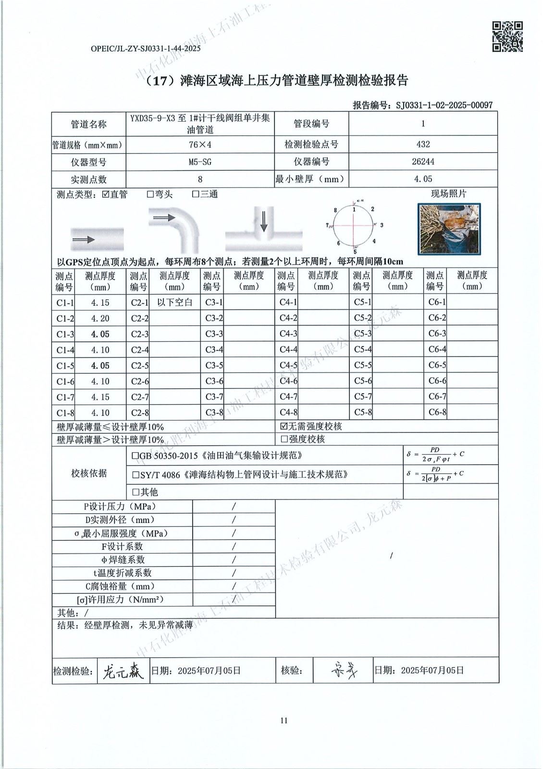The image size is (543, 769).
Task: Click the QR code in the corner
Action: (x=507, y=37)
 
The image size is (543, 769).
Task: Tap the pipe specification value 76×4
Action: (x=200, y=144)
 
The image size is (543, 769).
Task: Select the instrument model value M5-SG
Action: (x=200, y=162)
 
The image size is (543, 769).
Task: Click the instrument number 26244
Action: (x=423, y=162)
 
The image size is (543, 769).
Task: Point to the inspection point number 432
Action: (x=423, y=144)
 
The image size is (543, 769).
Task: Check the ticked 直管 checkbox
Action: (x=106, y=195)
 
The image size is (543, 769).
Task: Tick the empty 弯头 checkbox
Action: (x=150, y=195)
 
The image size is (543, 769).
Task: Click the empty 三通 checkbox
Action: (x=196, y=195)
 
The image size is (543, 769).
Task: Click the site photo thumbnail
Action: (x=448, y=228)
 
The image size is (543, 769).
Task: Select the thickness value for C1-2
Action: (x=100, y=318)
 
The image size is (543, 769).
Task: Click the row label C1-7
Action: (x=65, y=397)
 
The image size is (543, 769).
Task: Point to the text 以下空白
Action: (x=175, y=302)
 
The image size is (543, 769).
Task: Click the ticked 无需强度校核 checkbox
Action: (x=284, y=426)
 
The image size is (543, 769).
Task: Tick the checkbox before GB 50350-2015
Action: (x=136, y=456)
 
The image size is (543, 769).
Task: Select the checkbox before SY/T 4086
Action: (x=136, y=475)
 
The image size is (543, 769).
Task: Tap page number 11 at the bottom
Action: (x=284, y=720)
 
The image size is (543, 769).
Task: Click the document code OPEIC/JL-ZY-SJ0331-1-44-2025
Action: (x=145, y=49)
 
